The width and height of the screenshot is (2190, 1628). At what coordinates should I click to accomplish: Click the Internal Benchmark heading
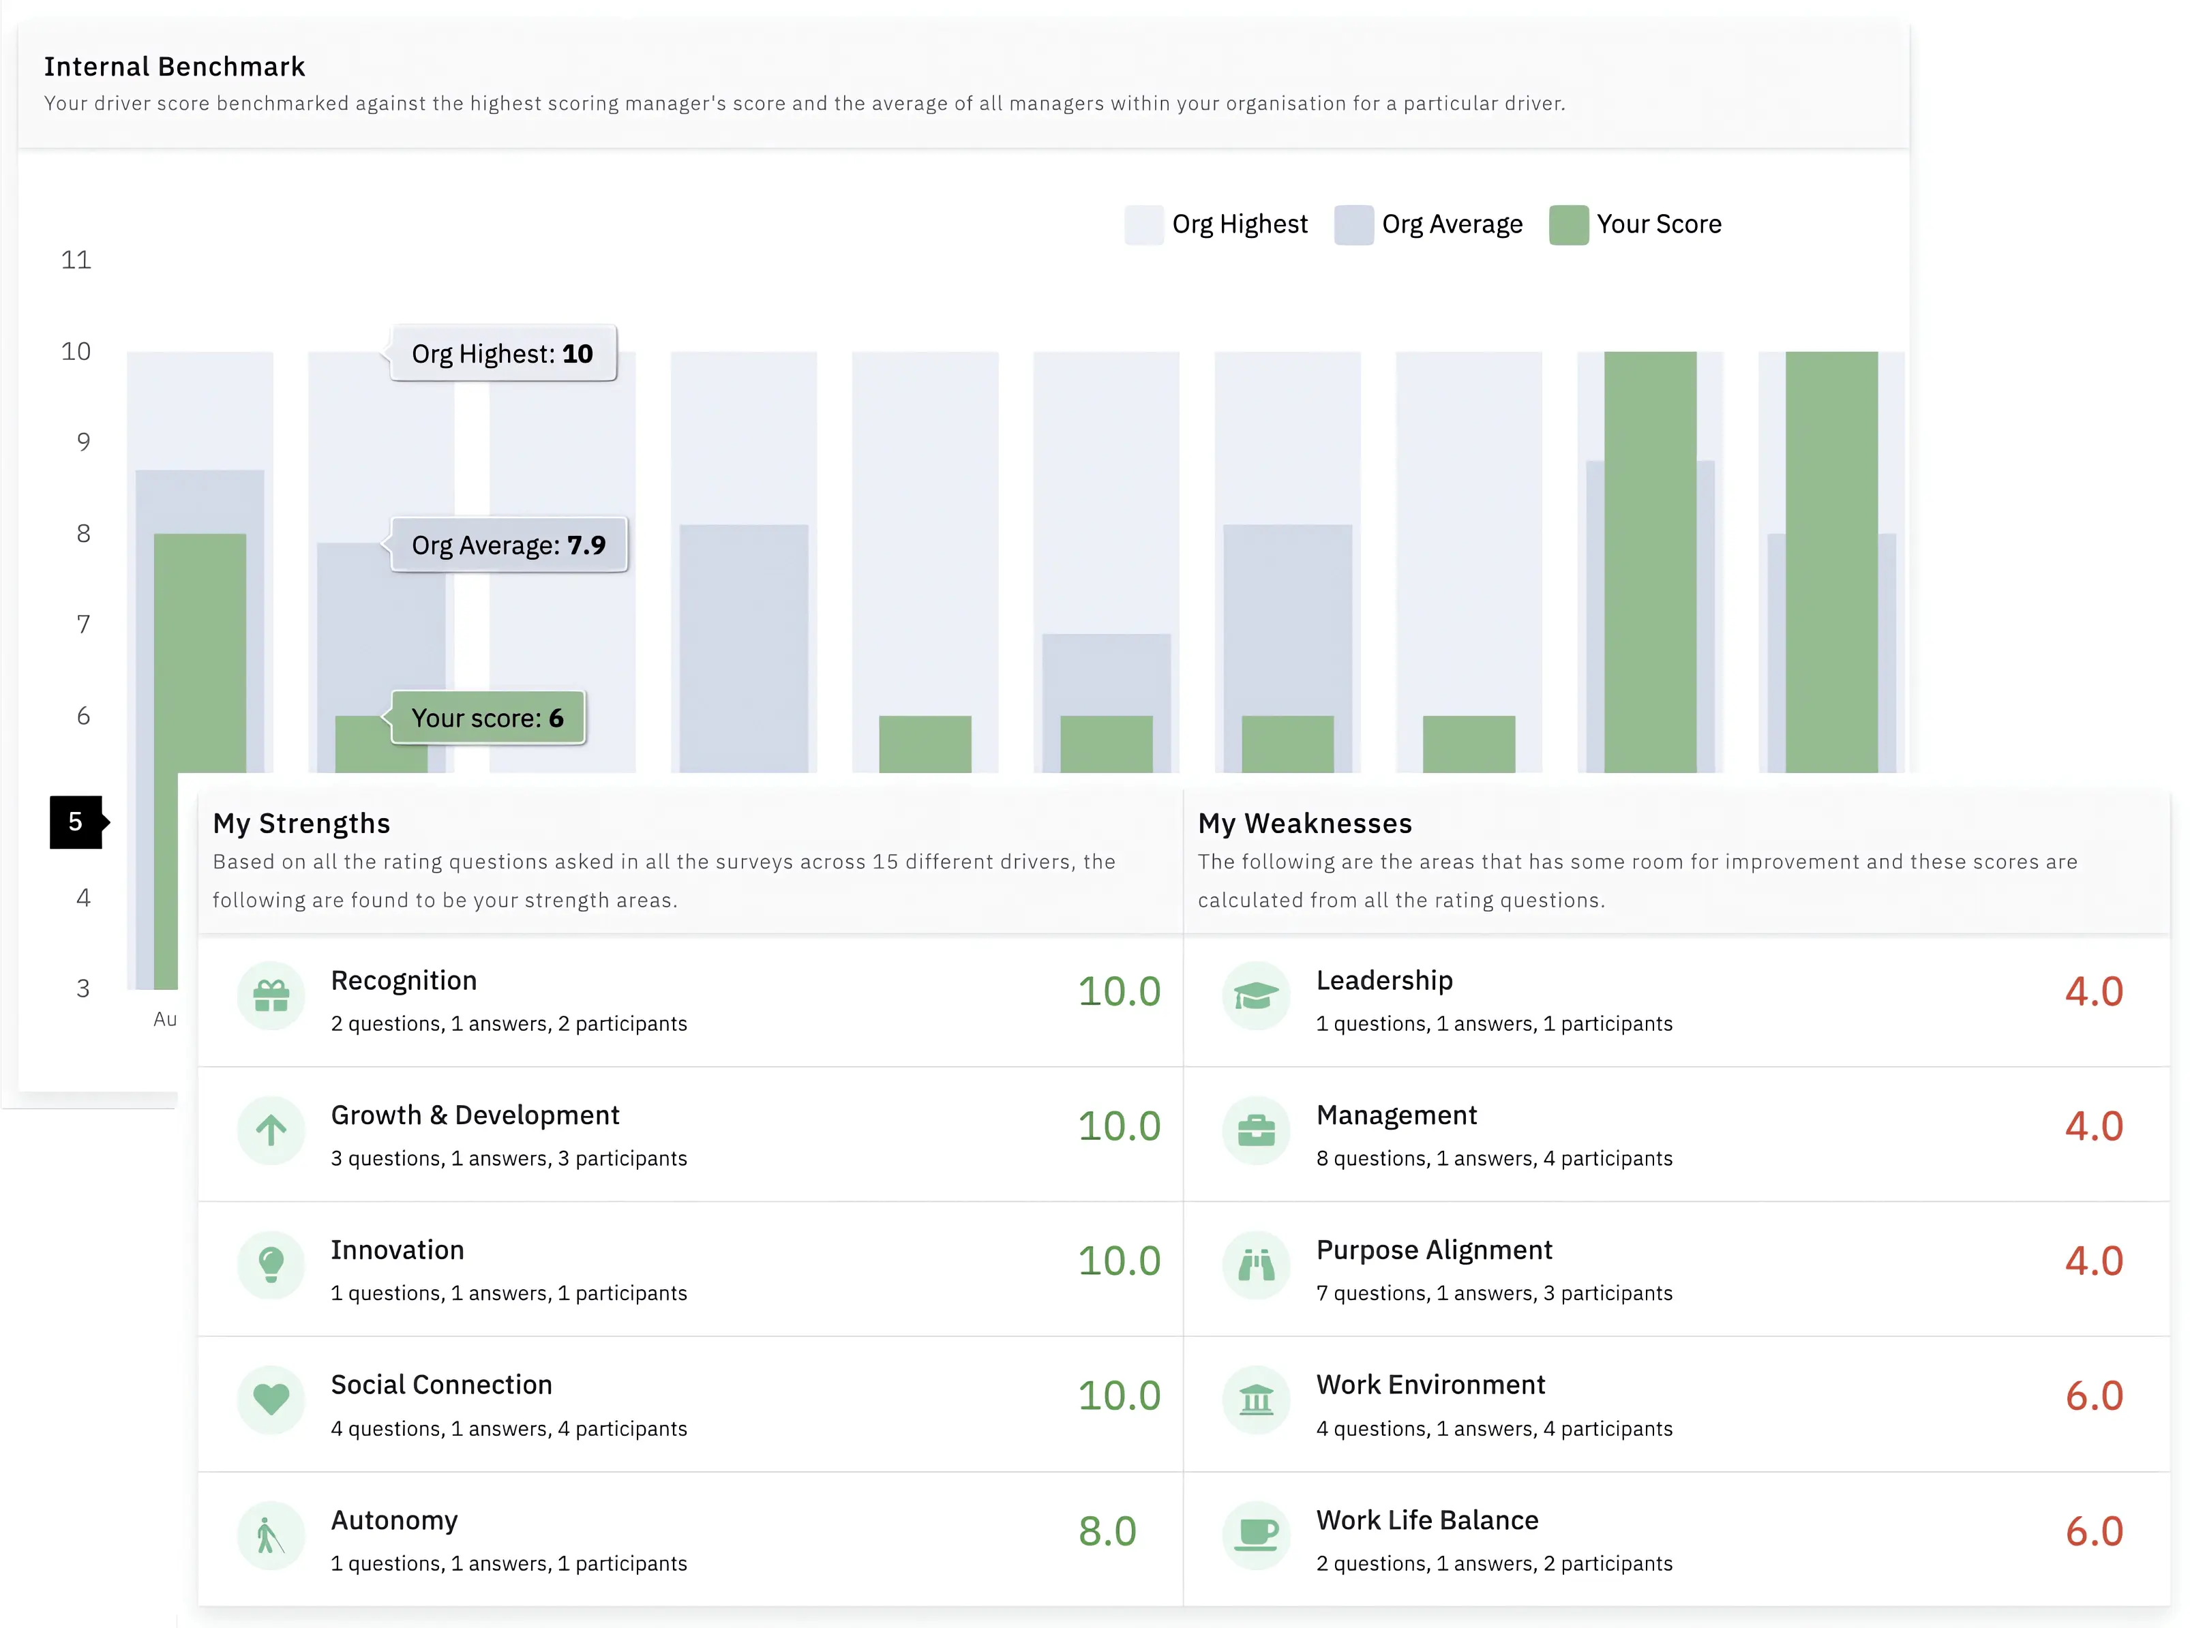[x=175, y=66]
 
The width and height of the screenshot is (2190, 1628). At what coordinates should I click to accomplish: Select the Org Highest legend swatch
[x=1143, y=225]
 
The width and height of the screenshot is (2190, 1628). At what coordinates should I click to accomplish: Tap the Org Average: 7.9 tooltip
[x=509, y=545]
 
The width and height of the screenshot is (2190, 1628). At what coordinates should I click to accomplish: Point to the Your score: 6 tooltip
[x=488, y=717]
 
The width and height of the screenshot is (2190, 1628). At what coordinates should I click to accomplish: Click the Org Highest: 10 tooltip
[x=502, y=354]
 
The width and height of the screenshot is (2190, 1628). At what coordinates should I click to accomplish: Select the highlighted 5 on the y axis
[x=76, y=822]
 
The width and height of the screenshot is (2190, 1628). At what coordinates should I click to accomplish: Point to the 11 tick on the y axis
[x=76, y=260]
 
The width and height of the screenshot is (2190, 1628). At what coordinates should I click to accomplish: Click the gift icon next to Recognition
[x=271, y=996]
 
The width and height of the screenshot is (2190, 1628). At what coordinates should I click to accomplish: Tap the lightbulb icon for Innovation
[x=271, y=1265]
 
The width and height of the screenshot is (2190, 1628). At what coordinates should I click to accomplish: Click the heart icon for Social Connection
[x=271, y=1400]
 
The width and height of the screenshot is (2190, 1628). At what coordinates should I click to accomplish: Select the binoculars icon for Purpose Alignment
[x=1256, y=1265]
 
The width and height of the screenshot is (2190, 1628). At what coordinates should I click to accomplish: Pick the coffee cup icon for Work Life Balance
[x=1256, y=1535]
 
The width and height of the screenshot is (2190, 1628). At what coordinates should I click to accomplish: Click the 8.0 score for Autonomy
[x=1107, y=1531]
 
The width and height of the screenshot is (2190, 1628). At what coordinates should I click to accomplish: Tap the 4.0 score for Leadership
[x=2093, y=991]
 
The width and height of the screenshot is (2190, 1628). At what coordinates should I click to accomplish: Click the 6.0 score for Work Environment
[x=2093, y=1396]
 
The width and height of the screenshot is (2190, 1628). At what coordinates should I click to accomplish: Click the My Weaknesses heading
[x=1304, y=824]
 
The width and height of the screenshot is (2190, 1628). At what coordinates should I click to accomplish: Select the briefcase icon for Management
[x=1256, y=1130]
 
